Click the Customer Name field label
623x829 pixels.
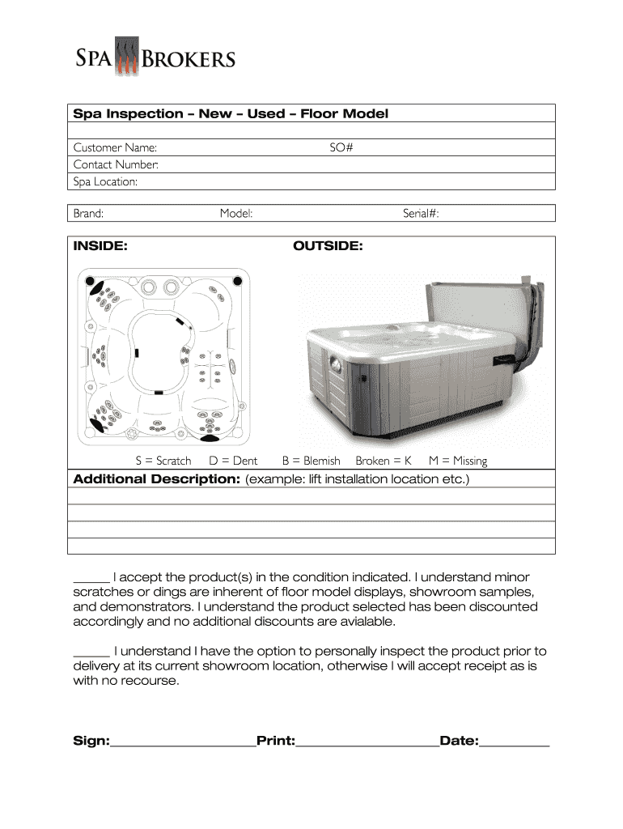(x=115, y=147)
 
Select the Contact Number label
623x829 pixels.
(x=116, y=164)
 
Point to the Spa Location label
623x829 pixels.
(x=105, y=181)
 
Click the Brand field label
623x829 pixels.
(x=88, y=214)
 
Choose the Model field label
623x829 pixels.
(x=236, y=214)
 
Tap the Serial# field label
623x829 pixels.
(x=421, y=214)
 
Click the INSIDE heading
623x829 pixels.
(x=100, y=245)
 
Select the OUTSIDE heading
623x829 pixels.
(x=328, y=245)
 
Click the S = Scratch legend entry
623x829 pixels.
(x=163, y=461)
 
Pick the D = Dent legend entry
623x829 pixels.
(x=233, y=461)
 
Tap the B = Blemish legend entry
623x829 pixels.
(x=311, y=461)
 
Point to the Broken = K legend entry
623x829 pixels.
(x=384, y=461)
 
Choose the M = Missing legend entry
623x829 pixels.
(x=458, y=461)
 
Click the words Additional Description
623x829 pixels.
(x=156, y=479)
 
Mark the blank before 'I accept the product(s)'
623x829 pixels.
(x=91, y=578)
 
